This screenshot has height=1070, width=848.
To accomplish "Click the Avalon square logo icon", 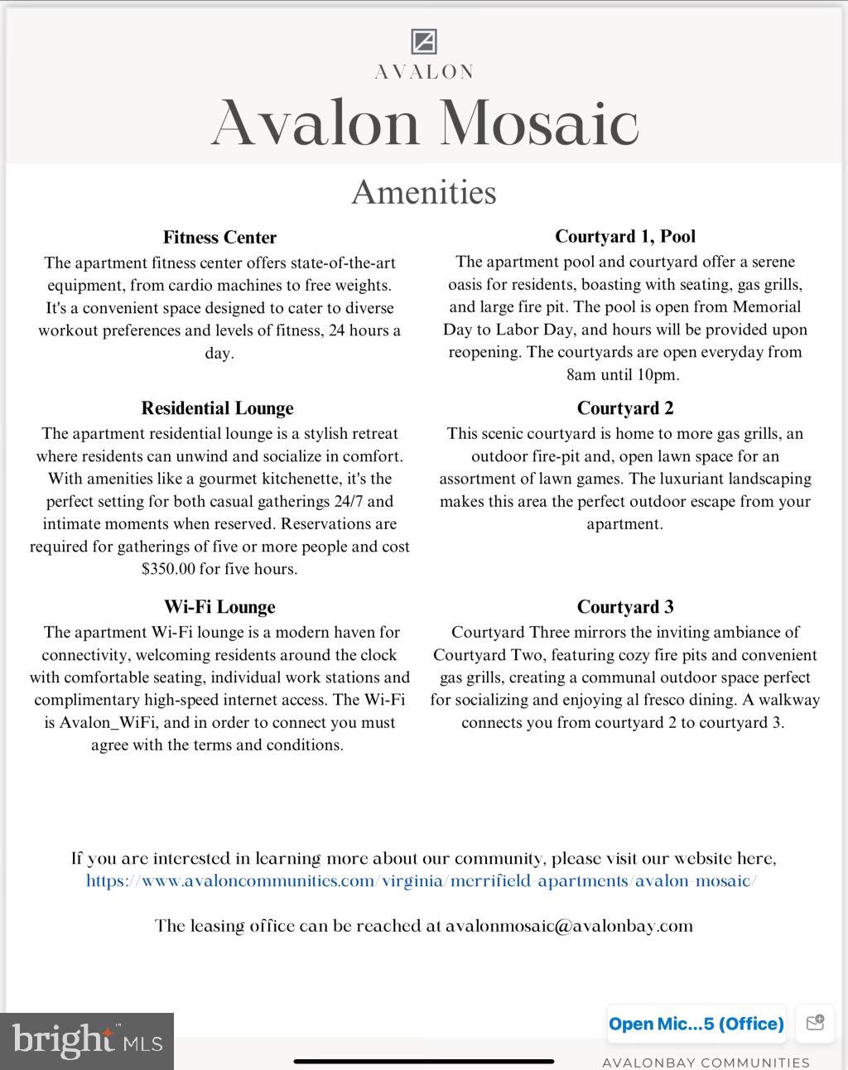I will [x=424, y=41].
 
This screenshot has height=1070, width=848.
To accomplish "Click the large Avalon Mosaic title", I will [x=424, y=123].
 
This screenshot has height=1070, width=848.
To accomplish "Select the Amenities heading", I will [x=424, y=192].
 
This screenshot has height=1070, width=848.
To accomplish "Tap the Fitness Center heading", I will [x=219, y=238].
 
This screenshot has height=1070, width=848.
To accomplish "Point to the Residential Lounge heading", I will [x=217, y=408].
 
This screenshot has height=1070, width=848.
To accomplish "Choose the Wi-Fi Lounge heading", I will [x=219, y=607].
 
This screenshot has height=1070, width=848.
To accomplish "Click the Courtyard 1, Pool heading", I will [x=625, y=237].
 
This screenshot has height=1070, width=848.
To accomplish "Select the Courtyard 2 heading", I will [x=625, y=408].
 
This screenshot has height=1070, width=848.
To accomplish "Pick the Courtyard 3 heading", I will [x=625, y=607].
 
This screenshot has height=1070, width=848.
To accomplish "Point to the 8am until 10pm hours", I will [x=623, y=374].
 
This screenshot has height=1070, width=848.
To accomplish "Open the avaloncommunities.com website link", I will [x=421, y=881].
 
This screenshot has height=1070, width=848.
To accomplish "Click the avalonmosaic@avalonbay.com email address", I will [x=569, y=926].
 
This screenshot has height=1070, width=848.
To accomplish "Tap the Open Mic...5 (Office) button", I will [x=696, y=1024].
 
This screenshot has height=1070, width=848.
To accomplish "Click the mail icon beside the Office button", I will [x=815, y=1023].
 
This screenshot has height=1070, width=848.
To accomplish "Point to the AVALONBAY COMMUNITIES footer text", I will [x=706, y=1063].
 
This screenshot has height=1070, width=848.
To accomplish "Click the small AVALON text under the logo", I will [x=424, y=72].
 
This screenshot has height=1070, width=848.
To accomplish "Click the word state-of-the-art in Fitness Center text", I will [x=342, y=263].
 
